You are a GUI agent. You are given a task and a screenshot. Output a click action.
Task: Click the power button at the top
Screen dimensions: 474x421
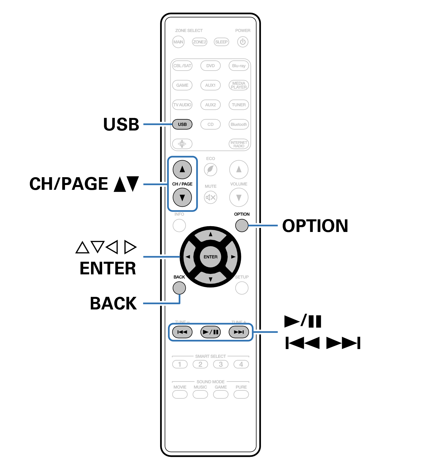point(242,42)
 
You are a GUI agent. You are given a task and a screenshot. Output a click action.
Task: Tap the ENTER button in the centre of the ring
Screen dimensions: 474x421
point(210,257)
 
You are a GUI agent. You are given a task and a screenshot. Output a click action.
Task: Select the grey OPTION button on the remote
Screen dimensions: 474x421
point(241,225)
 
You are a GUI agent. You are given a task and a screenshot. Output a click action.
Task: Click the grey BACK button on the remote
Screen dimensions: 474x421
point(179,288)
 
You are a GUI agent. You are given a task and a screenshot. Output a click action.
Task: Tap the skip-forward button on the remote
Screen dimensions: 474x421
point(239,332)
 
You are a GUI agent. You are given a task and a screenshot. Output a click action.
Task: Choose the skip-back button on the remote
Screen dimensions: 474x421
point(182,332)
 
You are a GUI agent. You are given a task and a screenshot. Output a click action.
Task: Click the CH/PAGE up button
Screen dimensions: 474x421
point(182,169)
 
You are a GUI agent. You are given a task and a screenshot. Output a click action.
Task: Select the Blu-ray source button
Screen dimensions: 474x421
point(239,66)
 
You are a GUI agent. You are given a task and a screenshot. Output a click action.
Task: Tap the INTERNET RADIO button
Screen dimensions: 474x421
point(239,144)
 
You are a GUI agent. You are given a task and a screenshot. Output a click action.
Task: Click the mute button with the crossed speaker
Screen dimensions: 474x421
point(210,197)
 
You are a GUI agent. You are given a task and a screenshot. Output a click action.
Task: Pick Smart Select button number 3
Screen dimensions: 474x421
point(221,364)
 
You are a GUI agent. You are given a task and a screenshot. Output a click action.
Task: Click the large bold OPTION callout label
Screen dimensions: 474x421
point(315,226)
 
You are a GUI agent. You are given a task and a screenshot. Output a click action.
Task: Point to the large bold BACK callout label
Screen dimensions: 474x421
point(113,303)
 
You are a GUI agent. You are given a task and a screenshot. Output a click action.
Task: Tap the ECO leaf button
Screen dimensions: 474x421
point(210,169)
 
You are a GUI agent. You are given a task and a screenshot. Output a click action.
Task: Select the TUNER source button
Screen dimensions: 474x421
point(239,105)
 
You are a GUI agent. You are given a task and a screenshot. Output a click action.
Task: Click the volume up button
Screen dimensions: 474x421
point(239,169)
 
